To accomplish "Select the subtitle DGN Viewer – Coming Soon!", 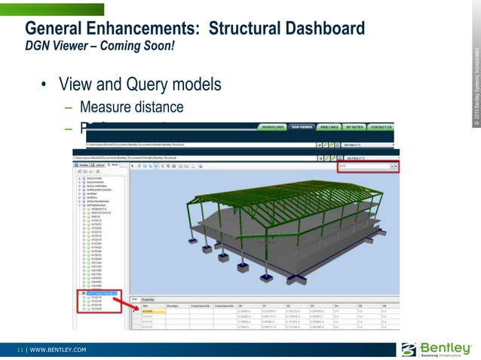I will coord(100,46).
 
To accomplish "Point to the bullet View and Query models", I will coord(139,84).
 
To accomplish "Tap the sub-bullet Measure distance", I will coord(131,106).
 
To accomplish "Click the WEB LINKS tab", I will coord(329,127).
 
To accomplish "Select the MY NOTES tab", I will coord(354,127).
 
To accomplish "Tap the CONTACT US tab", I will coord(381,127).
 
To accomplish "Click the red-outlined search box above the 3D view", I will coord(366,166).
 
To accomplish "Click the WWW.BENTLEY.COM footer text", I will coord(58,350).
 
